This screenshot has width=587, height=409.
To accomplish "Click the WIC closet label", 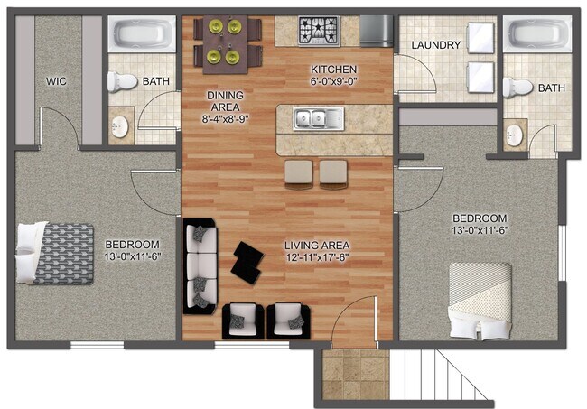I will [x=59, y=81].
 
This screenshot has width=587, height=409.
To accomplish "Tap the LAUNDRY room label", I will [x=436, y=45].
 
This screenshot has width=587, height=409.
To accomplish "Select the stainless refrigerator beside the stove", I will [x=377, y=32].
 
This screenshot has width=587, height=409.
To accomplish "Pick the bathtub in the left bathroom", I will [x=142, y=36].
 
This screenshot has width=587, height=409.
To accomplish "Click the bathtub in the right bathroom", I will [x=539, y=37].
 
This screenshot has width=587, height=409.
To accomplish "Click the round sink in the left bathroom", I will [x=120, y=127].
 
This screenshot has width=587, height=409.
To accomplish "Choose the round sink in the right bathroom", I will [x=515, y=136].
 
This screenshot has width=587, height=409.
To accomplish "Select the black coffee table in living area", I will [x=245, y=261].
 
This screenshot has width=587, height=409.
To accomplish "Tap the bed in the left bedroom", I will [x=54, y=253].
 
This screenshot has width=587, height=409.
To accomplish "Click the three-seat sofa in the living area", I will [x=200, y=265].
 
